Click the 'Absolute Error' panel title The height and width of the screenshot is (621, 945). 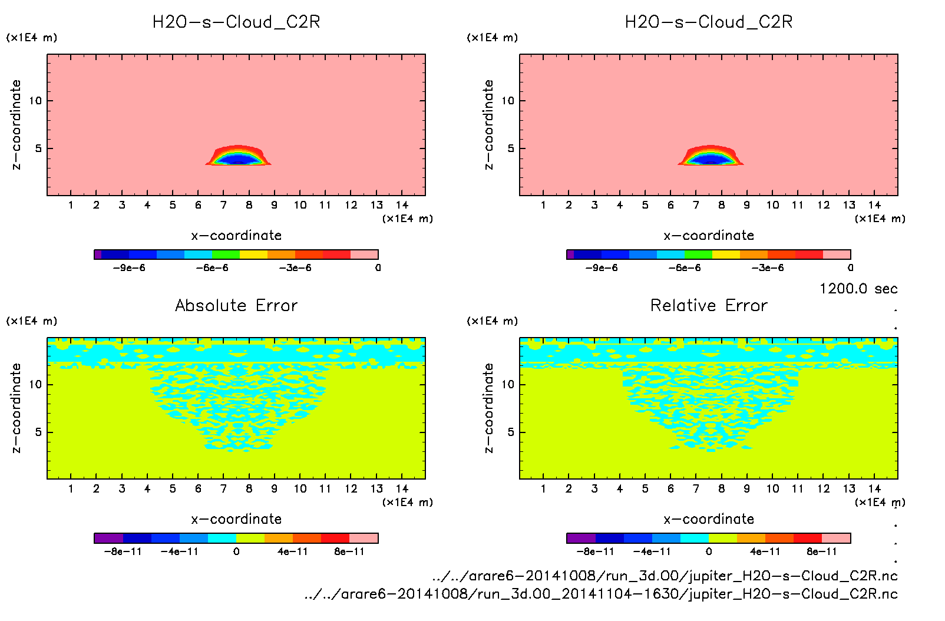tap(236, 305)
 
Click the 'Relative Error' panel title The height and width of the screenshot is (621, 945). tap(709, 305)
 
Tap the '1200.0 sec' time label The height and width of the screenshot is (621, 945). tap(858, 289)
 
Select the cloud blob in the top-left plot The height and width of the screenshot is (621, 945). tap(238, 156)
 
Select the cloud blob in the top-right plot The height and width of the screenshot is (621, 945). tap(711, 156)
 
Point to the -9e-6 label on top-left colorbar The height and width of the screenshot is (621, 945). tap(129, 268)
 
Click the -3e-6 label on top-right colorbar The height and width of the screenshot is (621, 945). tap(768, 268)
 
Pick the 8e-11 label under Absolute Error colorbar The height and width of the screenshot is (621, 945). tap(349, 552)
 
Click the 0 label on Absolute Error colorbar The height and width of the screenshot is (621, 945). tap(236, 552)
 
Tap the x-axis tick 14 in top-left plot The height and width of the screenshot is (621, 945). tap(402, 205)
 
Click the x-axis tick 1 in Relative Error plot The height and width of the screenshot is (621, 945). tap(543, 488)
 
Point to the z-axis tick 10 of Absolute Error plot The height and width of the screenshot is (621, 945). tap(36, 385)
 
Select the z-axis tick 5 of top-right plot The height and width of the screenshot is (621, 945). tap(511, 148)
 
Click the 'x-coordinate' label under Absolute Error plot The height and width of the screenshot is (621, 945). tap(236, 519)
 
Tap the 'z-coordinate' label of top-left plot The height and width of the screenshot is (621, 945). tap(16, 125)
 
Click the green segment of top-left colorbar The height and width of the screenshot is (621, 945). tap(226, 255)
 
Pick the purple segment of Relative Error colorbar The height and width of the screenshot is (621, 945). tap(581, 538)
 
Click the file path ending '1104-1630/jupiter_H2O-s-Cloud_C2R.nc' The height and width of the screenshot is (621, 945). tap(601, 594)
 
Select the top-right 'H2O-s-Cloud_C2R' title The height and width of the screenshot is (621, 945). tap(709, 22)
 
